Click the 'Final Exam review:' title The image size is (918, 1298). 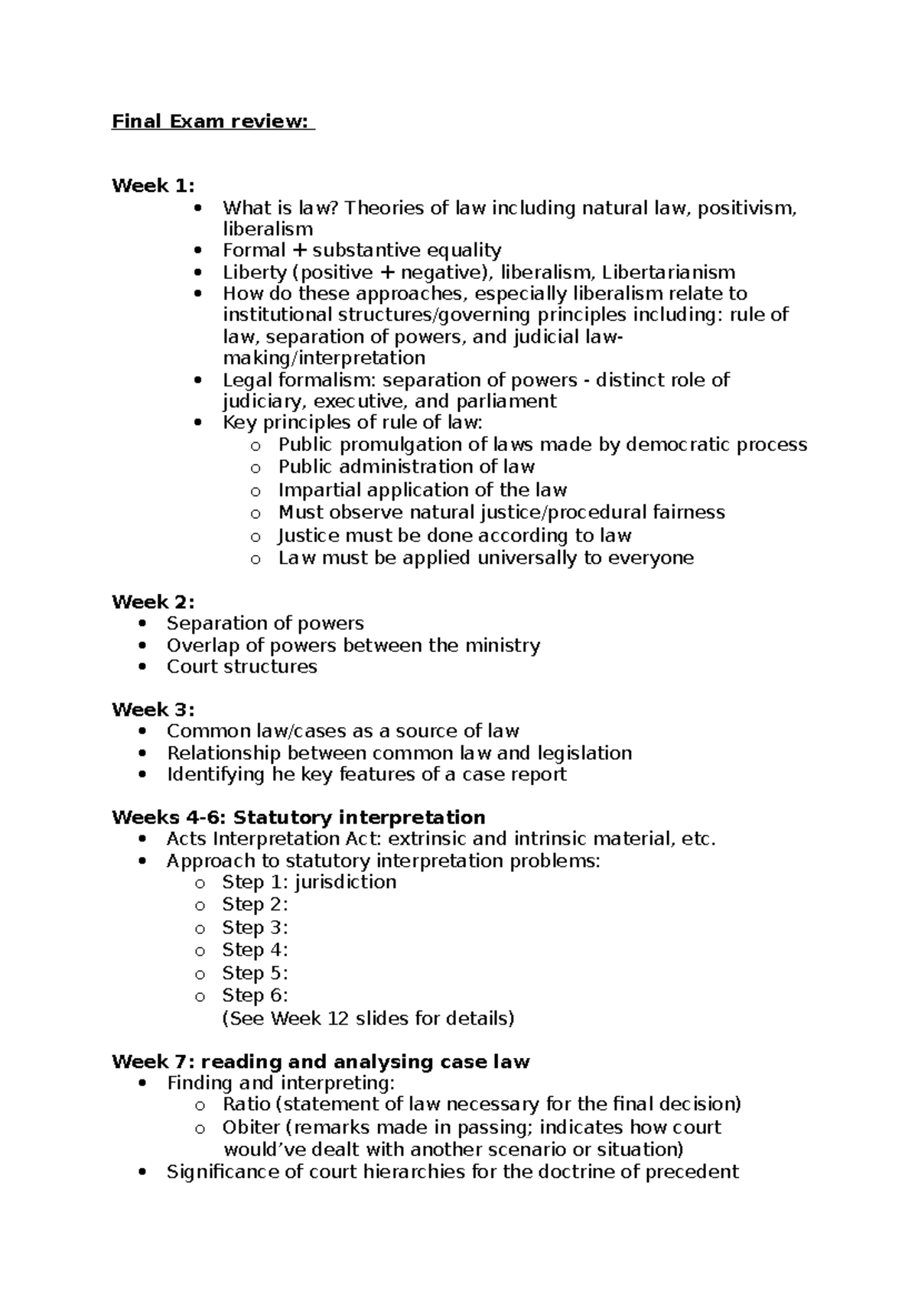213,122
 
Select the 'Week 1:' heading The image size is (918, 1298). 153,186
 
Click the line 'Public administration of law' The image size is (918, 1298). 406,466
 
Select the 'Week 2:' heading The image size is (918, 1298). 153,602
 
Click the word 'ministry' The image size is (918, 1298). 501,645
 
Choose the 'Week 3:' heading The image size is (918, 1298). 153,709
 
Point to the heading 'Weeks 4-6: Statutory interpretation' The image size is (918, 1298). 298,817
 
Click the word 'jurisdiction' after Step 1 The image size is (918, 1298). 345,882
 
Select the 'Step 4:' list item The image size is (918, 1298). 255,950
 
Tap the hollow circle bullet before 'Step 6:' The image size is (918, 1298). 200,997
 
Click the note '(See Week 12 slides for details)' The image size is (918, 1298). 368,1018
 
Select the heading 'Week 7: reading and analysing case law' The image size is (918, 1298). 321,1062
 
